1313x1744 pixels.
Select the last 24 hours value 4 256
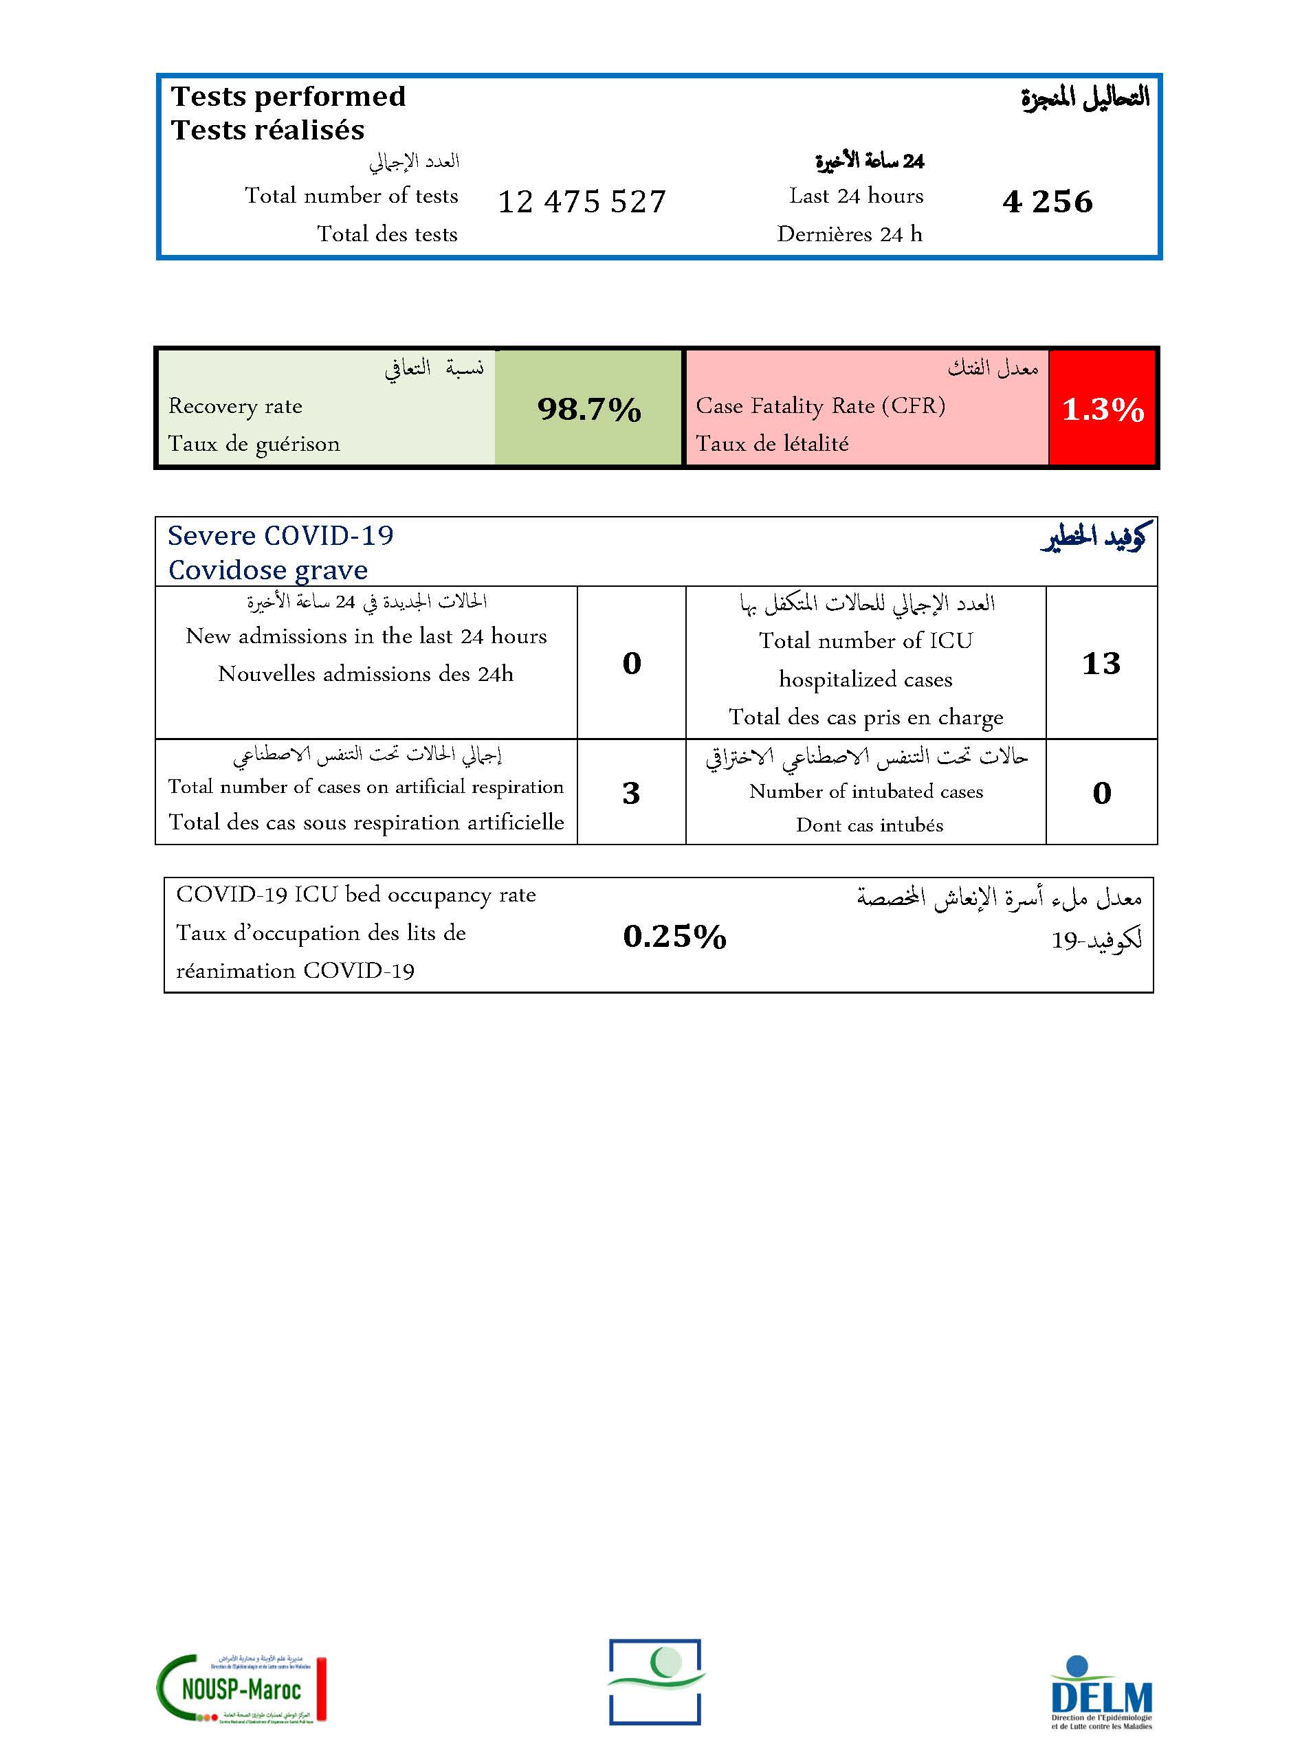coord(1047,202)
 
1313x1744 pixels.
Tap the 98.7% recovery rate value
coord(589,409)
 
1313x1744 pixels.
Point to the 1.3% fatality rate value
coord(1103,409)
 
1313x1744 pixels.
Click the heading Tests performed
coord(289,96)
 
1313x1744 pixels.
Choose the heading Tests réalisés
coord(268,130)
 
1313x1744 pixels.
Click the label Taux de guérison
coord(254,444)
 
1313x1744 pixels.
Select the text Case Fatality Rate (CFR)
coord(820,406)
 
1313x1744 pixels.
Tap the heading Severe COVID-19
coord(280,536)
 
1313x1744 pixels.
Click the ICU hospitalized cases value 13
coord(1101,663)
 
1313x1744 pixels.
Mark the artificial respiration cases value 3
coord(631,793)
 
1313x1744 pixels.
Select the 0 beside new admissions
coord(632,663)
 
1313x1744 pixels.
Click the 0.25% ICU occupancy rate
coord(674,937)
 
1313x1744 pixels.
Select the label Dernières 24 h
coord(849,234)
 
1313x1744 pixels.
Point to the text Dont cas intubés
coord(869,825)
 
